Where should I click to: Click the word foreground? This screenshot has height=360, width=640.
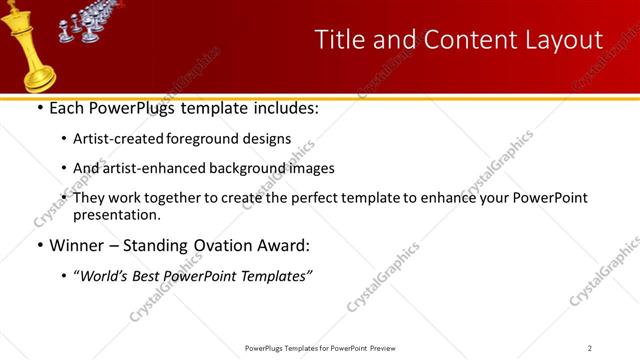pyautogui.click(x=213, y=138)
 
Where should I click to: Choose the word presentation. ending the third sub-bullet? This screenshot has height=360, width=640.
pyautogui.click(x=117, y=215)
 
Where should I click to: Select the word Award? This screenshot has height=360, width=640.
pyautogui.click(x=284, y=245)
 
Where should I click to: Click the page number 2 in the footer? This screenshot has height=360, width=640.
pyautogui.click(x=590, y=348)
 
